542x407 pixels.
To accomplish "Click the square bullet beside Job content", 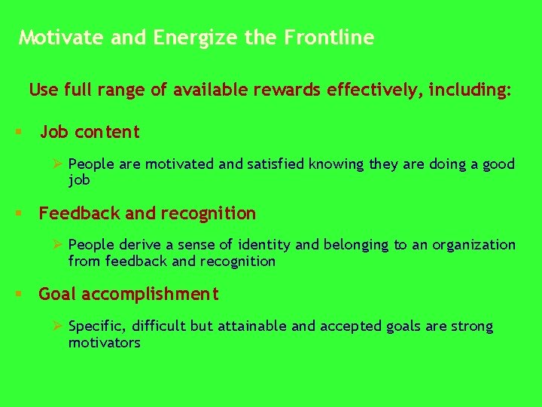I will (17, 133).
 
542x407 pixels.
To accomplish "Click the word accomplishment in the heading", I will (149, 295).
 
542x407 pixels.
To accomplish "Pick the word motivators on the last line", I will (104, 343).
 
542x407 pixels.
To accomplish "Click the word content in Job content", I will (107, 133).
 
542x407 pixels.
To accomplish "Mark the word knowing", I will (336, 164).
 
